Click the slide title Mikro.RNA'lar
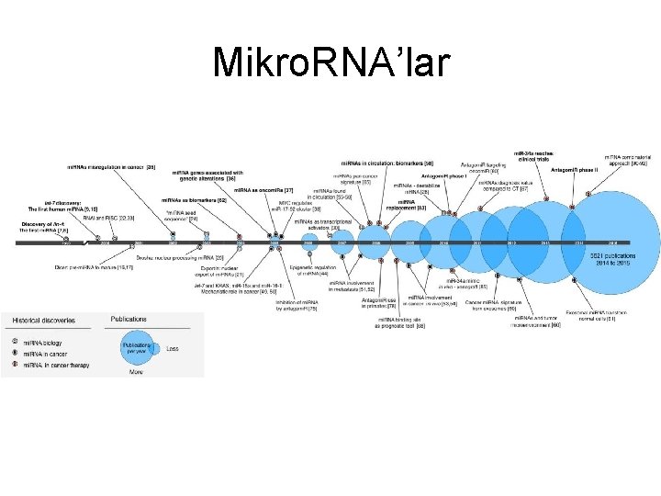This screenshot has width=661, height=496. (x=330, y=62)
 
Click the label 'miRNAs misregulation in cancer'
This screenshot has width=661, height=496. (x=111, y=167)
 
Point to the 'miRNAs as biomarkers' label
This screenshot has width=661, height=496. (x=195, y=199)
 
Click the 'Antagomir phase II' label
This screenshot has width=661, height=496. (x=574, y=170)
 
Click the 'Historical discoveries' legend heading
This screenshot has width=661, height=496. (x=44, y=321)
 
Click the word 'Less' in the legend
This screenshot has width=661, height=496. (x=172, y=348)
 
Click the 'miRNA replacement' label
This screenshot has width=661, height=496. (x=411, y=204)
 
